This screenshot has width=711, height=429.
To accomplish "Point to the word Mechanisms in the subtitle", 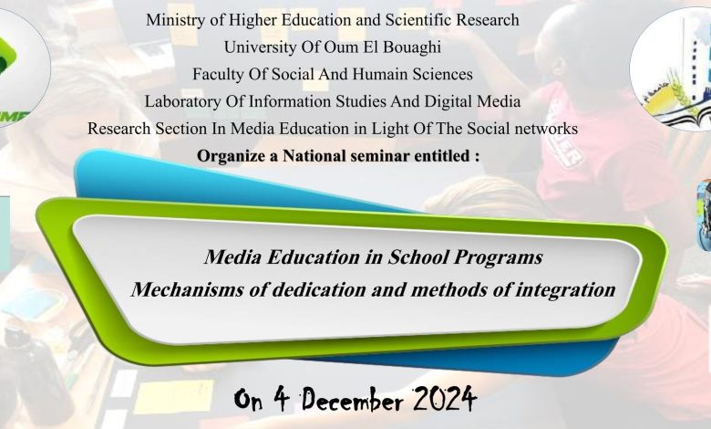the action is pos(187,289).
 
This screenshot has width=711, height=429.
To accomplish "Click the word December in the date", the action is pos(353,401).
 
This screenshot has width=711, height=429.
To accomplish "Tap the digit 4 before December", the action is pos(281,399).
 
